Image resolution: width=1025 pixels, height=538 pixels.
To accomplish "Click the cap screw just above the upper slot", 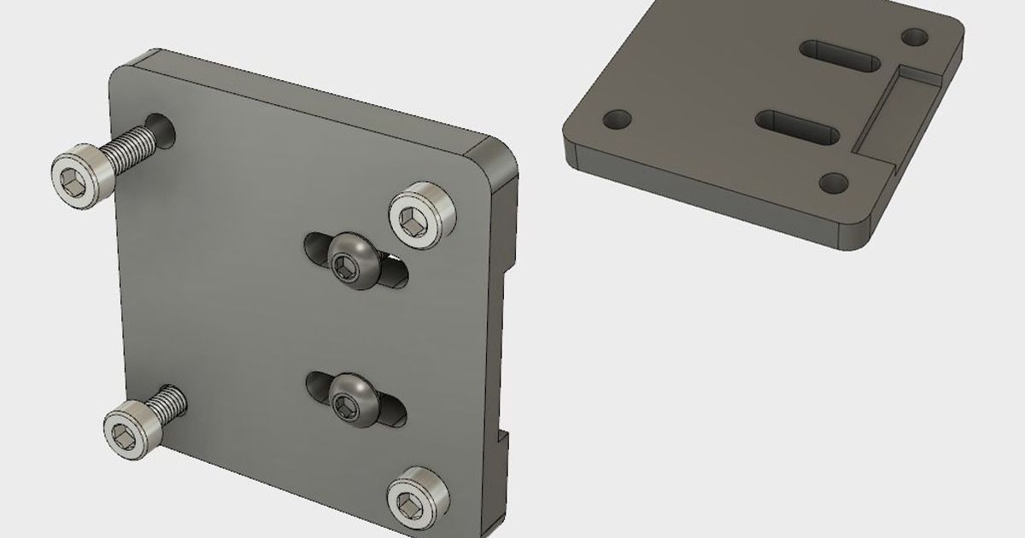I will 422,214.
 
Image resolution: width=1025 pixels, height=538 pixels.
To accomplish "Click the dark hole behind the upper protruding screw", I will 164,128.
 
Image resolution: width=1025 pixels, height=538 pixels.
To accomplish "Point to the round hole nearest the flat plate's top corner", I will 915,37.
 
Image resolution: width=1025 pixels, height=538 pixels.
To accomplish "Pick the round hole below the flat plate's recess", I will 833,181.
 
